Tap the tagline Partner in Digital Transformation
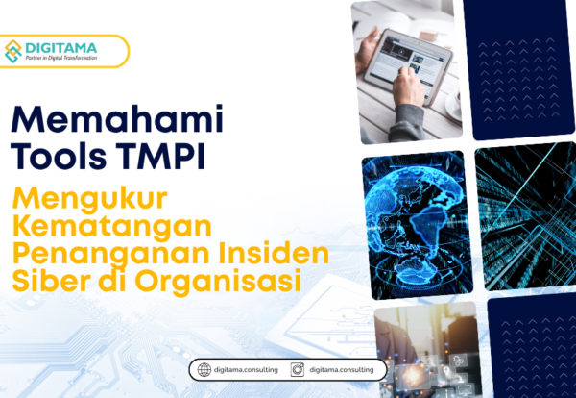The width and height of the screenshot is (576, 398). pos(69,59)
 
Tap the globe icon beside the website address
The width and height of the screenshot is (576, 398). pos(203,369)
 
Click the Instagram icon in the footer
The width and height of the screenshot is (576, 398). pos(298,369)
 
